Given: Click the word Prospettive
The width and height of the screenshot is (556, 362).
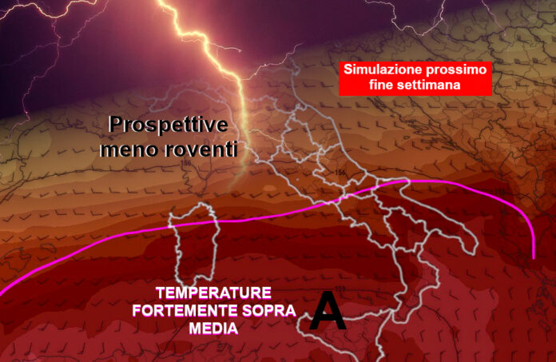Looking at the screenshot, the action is [x=168, y=125].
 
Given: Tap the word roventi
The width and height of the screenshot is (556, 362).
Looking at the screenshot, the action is [x=201, y=149].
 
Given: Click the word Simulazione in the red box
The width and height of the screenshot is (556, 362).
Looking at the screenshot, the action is [x=383, y=70].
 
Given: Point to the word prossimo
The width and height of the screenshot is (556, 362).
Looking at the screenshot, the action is [x=457, y=70].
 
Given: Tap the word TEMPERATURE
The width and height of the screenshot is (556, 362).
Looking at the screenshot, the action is [x=213, y=293].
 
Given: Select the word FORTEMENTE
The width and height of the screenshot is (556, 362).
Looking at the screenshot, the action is [x=185, y=311].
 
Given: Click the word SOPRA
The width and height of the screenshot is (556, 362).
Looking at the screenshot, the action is [x=268, y=311].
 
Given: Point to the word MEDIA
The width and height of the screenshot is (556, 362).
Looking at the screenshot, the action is [x=213, y=328].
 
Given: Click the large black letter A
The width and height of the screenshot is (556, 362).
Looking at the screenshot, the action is [x=327, y=310].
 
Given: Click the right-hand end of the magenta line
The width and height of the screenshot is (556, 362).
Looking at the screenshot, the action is [x=534, y=259].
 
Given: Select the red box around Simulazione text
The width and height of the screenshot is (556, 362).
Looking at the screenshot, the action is [x=415, y=78].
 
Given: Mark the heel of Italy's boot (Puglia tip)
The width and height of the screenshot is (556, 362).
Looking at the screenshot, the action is [x=474, y=249].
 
